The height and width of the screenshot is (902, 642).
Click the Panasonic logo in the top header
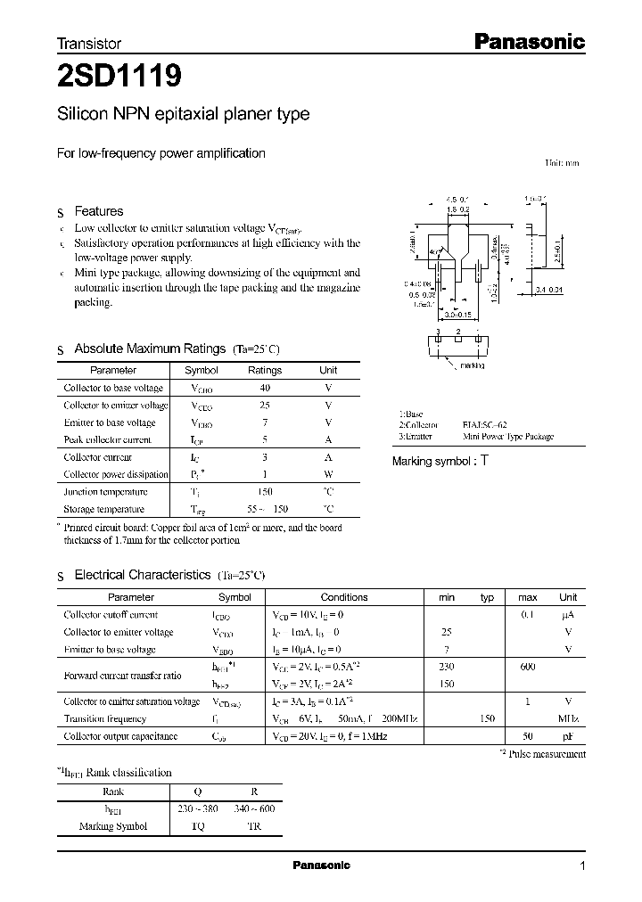click(x=527, y=41)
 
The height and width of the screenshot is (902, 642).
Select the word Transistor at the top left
click(x=89, y=43)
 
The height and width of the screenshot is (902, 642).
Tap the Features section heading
click(x=98, y=211)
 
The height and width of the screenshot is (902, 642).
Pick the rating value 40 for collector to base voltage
click(x=265, y=388)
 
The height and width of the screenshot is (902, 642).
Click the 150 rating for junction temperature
click(x=265, y=492)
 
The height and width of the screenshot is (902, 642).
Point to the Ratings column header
click(x=265, y=370)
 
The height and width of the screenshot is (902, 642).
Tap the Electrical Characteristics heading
click(x=143, y=575)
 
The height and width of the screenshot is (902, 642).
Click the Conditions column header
click(x=343, y=597)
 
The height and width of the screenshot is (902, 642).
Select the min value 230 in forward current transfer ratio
click(x=447, y=667)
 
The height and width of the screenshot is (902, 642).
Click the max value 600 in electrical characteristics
click(x=528, y=667)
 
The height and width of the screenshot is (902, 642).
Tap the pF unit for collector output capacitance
click(x=568, y=736)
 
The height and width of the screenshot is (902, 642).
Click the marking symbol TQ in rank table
click(x=198, y=826)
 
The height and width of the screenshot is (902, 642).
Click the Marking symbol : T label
click(x=440, y=461)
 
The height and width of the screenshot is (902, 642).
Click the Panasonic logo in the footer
click(x=322, y=865)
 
